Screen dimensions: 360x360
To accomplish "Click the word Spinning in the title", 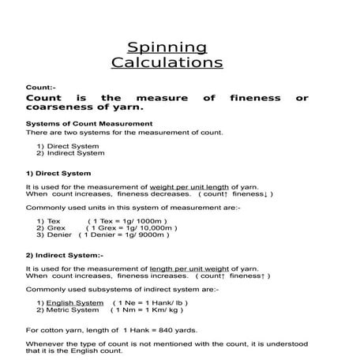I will [167, 47].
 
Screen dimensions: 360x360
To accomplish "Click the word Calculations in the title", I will [167, 63].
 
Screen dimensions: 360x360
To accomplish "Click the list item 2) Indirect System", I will [68, 154].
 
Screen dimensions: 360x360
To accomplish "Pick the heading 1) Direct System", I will [58, 173].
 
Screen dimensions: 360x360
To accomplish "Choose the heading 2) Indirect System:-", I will [65, 256].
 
